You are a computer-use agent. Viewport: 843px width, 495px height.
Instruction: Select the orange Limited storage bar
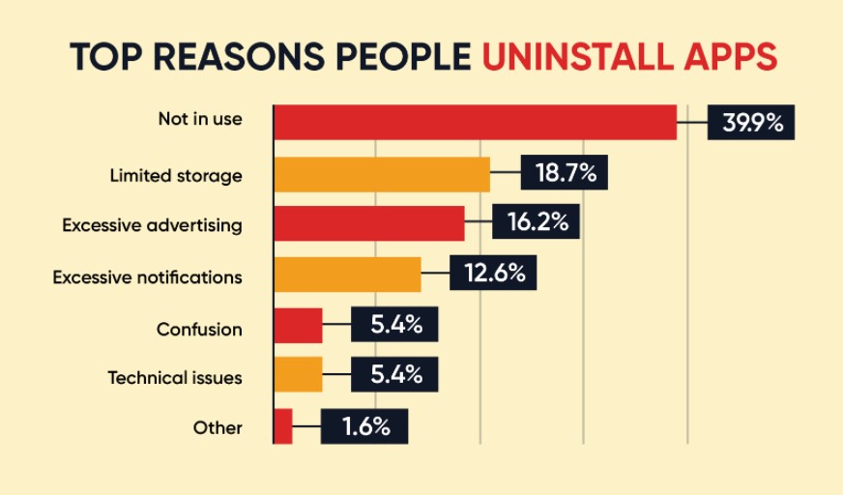point(382,174)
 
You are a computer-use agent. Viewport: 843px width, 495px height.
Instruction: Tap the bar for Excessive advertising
point(369,223)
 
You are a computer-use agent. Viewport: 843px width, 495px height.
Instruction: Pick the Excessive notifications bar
point(347,275)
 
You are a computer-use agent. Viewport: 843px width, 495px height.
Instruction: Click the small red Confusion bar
point(298,326)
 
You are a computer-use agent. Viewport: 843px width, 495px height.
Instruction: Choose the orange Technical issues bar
point(298,374)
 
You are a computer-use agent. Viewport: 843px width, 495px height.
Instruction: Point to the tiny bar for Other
point(283,425)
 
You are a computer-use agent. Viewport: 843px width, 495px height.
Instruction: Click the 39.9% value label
point(750,122)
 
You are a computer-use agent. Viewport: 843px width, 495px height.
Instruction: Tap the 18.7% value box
point(565,174)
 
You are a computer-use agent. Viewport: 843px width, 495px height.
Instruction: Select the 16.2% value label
point(536,222)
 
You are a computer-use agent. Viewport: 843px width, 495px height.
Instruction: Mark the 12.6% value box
point(493,274)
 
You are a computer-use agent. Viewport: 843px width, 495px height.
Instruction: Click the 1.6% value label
point(364,425)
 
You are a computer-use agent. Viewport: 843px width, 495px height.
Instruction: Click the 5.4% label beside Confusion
point(394,325)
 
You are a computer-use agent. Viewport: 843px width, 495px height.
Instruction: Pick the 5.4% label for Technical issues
point(394,374)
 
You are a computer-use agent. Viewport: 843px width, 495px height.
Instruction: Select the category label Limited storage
point(176,176)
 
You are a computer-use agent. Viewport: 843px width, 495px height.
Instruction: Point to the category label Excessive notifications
point(147,277)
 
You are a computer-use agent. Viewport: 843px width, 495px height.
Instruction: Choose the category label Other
point(218,427)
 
